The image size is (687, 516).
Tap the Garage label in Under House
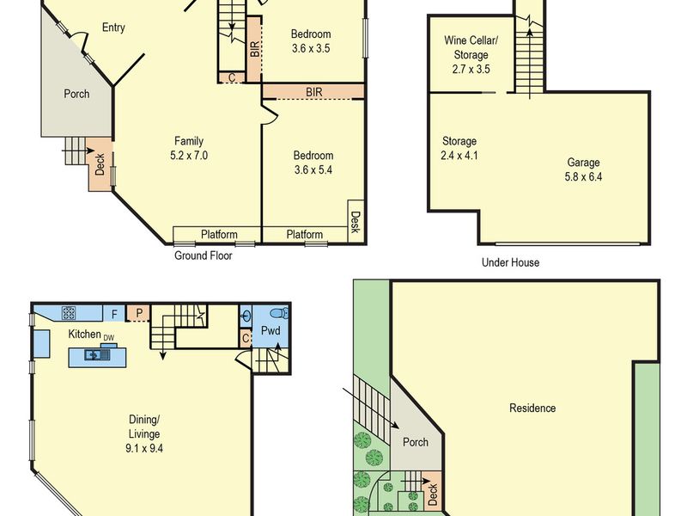point(583,163)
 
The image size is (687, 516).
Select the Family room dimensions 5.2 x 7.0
point(189,156)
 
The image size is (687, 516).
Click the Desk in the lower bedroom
point(356,222)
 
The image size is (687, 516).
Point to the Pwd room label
point(271,330)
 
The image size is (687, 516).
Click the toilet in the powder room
point(279,313)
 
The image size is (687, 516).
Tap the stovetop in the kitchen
point(69,313)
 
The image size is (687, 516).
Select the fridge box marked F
point(114,314)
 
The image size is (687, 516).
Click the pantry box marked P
point(139,313)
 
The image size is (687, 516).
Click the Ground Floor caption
point(204,255)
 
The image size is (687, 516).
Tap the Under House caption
point(510,262)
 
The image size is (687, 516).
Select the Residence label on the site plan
point(532,408)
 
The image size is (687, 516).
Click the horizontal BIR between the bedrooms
point(313,92)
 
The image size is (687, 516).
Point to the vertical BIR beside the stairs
point(254,49)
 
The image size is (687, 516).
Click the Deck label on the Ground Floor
point(100,164)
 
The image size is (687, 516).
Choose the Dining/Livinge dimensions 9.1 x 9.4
point(143,448)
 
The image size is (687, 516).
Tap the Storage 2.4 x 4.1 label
point(459,148)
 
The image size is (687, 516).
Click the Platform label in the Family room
point(219,234)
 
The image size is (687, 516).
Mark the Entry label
point(113,28)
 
